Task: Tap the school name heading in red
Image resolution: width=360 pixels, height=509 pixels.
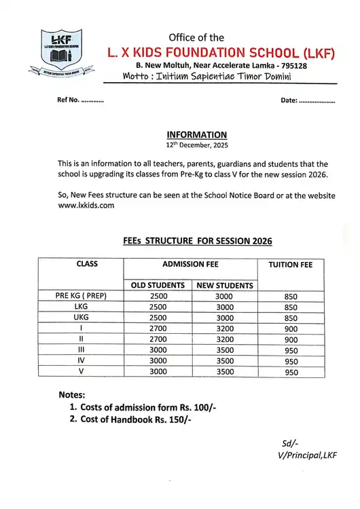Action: click(x=221, y=52)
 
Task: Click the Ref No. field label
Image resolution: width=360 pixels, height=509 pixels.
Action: click(x=80, y=100)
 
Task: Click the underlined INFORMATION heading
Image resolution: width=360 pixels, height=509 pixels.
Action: click(x=196, y=135)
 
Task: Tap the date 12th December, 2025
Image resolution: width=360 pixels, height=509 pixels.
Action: click(x=196, y=145)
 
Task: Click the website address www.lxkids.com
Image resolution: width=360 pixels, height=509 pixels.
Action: click(x=86, y=205)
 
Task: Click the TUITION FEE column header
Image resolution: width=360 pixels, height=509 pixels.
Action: click(x=291, y=265)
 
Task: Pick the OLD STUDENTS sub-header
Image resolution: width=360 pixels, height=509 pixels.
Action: click(x=158, y=286)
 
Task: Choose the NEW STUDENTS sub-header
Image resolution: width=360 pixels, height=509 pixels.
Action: click(x=225, y=286)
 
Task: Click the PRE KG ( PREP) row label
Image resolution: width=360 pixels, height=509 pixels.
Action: click(x=81, y=296)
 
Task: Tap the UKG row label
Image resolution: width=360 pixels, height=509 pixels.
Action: click(x=81, y=318)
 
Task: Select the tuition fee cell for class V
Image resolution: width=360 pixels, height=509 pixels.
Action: click(x=291, y=372)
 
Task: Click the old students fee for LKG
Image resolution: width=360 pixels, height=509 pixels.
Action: click(x=158, y=307)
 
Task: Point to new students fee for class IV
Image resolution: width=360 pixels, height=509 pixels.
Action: click(x=225, y=361)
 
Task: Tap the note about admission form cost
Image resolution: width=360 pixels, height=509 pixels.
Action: click(x=148, y=407)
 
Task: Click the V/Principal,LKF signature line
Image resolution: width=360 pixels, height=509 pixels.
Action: click(x=308, y=455)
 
